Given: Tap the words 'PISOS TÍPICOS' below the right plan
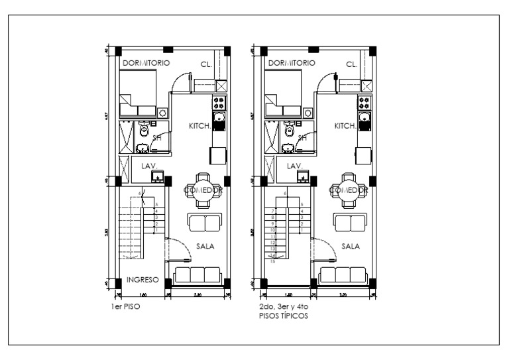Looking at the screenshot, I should coord(284,316).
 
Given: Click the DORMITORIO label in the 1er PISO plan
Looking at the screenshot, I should coord(146,63).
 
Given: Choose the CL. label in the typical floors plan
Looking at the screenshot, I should coord(351,64).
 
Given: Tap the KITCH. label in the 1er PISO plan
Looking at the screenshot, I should coord(199,125).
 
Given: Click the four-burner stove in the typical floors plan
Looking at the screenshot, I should coord(364,102).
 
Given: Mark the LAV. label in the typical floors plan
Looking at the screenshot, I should coord(294,166).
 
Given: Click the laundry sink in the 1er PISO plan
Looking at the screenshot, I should coord(158,176).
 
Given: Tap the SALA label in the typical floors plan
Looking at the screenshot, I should coord(350,246).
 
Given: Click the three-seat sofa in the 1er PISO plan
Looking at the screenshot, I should coord(197,275).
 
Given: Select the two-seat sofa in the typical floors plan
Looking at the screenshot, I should coord(350,221).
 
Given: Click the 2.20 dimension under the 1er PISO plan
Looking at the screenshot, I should coord(197,295).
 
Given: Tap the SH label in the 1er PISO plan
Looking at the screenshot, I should coord(157,138).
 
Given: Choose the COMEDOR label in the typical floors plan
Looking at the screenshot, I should coord(349,190).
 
